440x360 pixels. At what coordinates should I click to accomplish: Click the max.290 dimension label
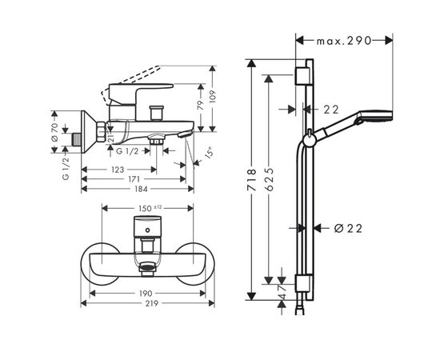click(345, 39)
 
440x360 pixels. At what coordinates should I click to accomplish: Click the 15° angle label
click(207, 153)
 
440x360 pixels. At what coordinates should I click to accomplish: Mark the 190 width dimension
click(146, 294)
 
